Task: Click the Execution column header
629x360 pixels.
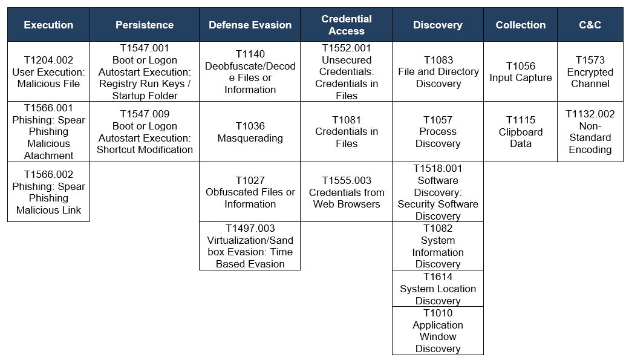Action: tap(48, 24)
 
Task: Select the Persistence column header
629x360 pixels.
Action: tap(145, 24)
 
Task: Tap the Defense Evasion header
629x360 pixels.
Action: tap(250, 24)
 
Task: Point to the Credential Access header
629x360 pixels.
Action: tap(346, 24)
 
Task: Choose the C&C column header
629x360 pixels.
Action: tap(590, 24)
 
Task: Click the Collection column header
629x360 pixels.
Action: tap(520, 24)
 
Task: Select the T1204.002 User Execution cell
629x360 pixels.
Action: tap(48, 71)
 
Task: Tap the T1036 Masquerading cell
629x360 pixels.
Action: tap(250, 132)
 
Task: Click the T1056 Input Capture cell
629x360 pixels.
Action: tap(520, 71)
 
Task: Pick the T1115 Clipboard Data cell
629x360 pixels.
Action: tap(520, 132)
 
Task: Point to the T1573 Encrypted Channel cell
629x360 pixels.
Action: tap(590, 71)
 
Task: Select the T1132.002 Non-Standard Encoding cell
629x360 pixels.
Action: tap(590, 132)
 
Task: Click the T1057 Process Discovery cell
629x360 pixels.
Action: tap(438, 132)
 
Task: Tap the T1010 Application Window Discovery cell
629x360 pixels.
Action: tap(438, 331)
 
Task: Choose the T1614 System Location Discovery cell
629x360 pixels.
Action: tap(438, 289)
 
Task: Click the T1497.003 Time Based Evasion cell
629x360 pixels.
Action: tap(250, 246)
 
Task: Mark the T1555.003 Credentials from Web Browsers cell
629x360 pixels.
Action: tap(346, 192)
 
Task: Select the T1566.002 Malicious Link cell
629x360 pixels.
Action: tap(48, 192)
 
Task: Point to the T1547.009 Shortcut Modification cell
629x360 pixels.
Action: tap(145, 132)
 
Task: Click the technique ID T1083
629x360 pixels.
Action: tap(438, 60)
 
